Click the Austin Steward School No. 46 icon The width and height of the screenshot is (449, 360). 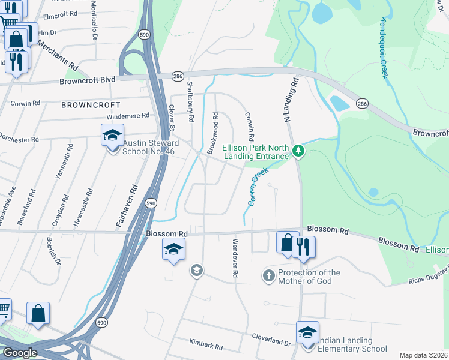112,136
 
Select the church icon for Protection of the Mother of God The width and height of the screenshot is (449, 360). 268,276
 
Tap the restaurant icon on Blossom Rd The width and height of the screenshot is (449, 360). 303,245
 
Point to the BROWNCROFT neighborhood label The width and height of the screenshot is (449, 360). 87,104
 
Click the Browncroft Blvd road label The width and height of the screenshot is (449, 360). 87,80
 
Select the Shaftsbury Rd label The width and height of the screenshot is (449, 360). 190,102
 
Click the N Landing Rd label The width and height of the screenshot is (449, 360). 291,100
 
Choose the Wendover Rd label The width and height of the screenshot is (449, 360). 235,257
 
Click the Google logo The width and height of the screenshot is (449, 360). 19,353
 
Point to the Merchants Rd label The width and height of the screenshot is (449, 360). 58,54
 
